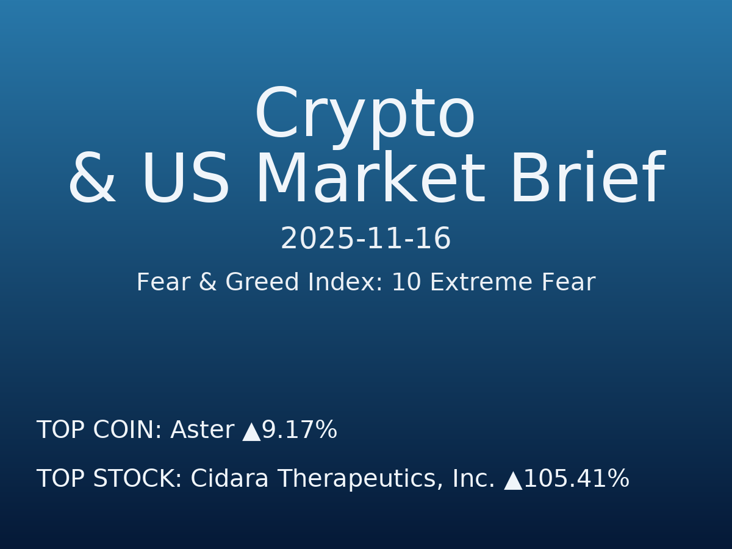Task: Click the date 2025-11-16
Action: pyautogui.click(x=365, y=239)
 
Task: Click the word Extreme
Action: pyautogui.click(x=473, y=283)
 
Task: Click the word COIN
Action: pyautogui.click(x=127, y=431)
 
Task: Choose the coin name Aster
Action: pyautogui.click(x=202, y=431)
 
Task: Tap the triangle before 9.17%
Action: pyautogui.click(x=251, y=432)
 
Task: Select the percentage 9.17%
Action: pyautogui.click(x=300, y=431)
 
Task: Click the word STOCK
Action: pyautogui.click(x=137, y=479)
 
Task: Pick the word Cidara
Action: pyautogui.click(x=229, y=479)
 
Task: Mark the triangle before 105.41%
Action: pyautogui.click(x=513, y=481)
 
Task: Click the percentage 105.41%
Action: pyautogui.click(x=576, y=479)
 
